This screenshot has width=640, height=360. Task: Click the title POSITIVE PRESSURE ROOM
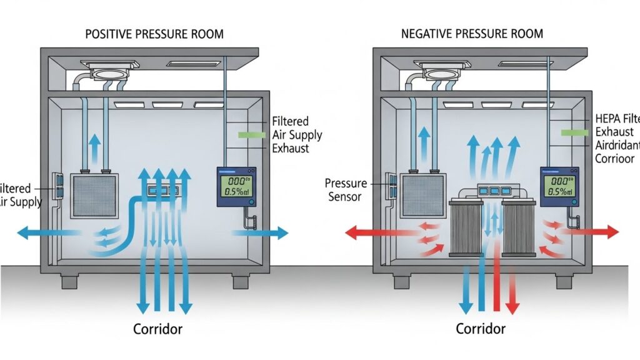click(x=154, y=33)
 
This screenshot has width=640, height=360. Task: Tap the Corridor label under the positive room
click(x=158, y=329)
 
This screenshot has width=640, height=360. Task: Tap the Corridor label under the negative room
click(x=481, y=329)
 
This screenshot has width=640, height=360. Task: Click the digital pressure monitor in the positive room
click(x=237, y=186)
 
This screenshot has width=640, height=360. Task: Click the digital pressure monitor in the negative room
click(x=559, y=186)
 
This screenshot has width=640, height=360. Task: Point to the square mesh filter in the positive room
click(x=94, y=195)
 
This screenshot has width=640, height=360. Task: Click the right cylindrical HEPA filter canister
click(x=519, y=227)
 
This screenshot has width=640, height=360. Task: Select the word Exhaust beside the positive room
click(x=291, y=149)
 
